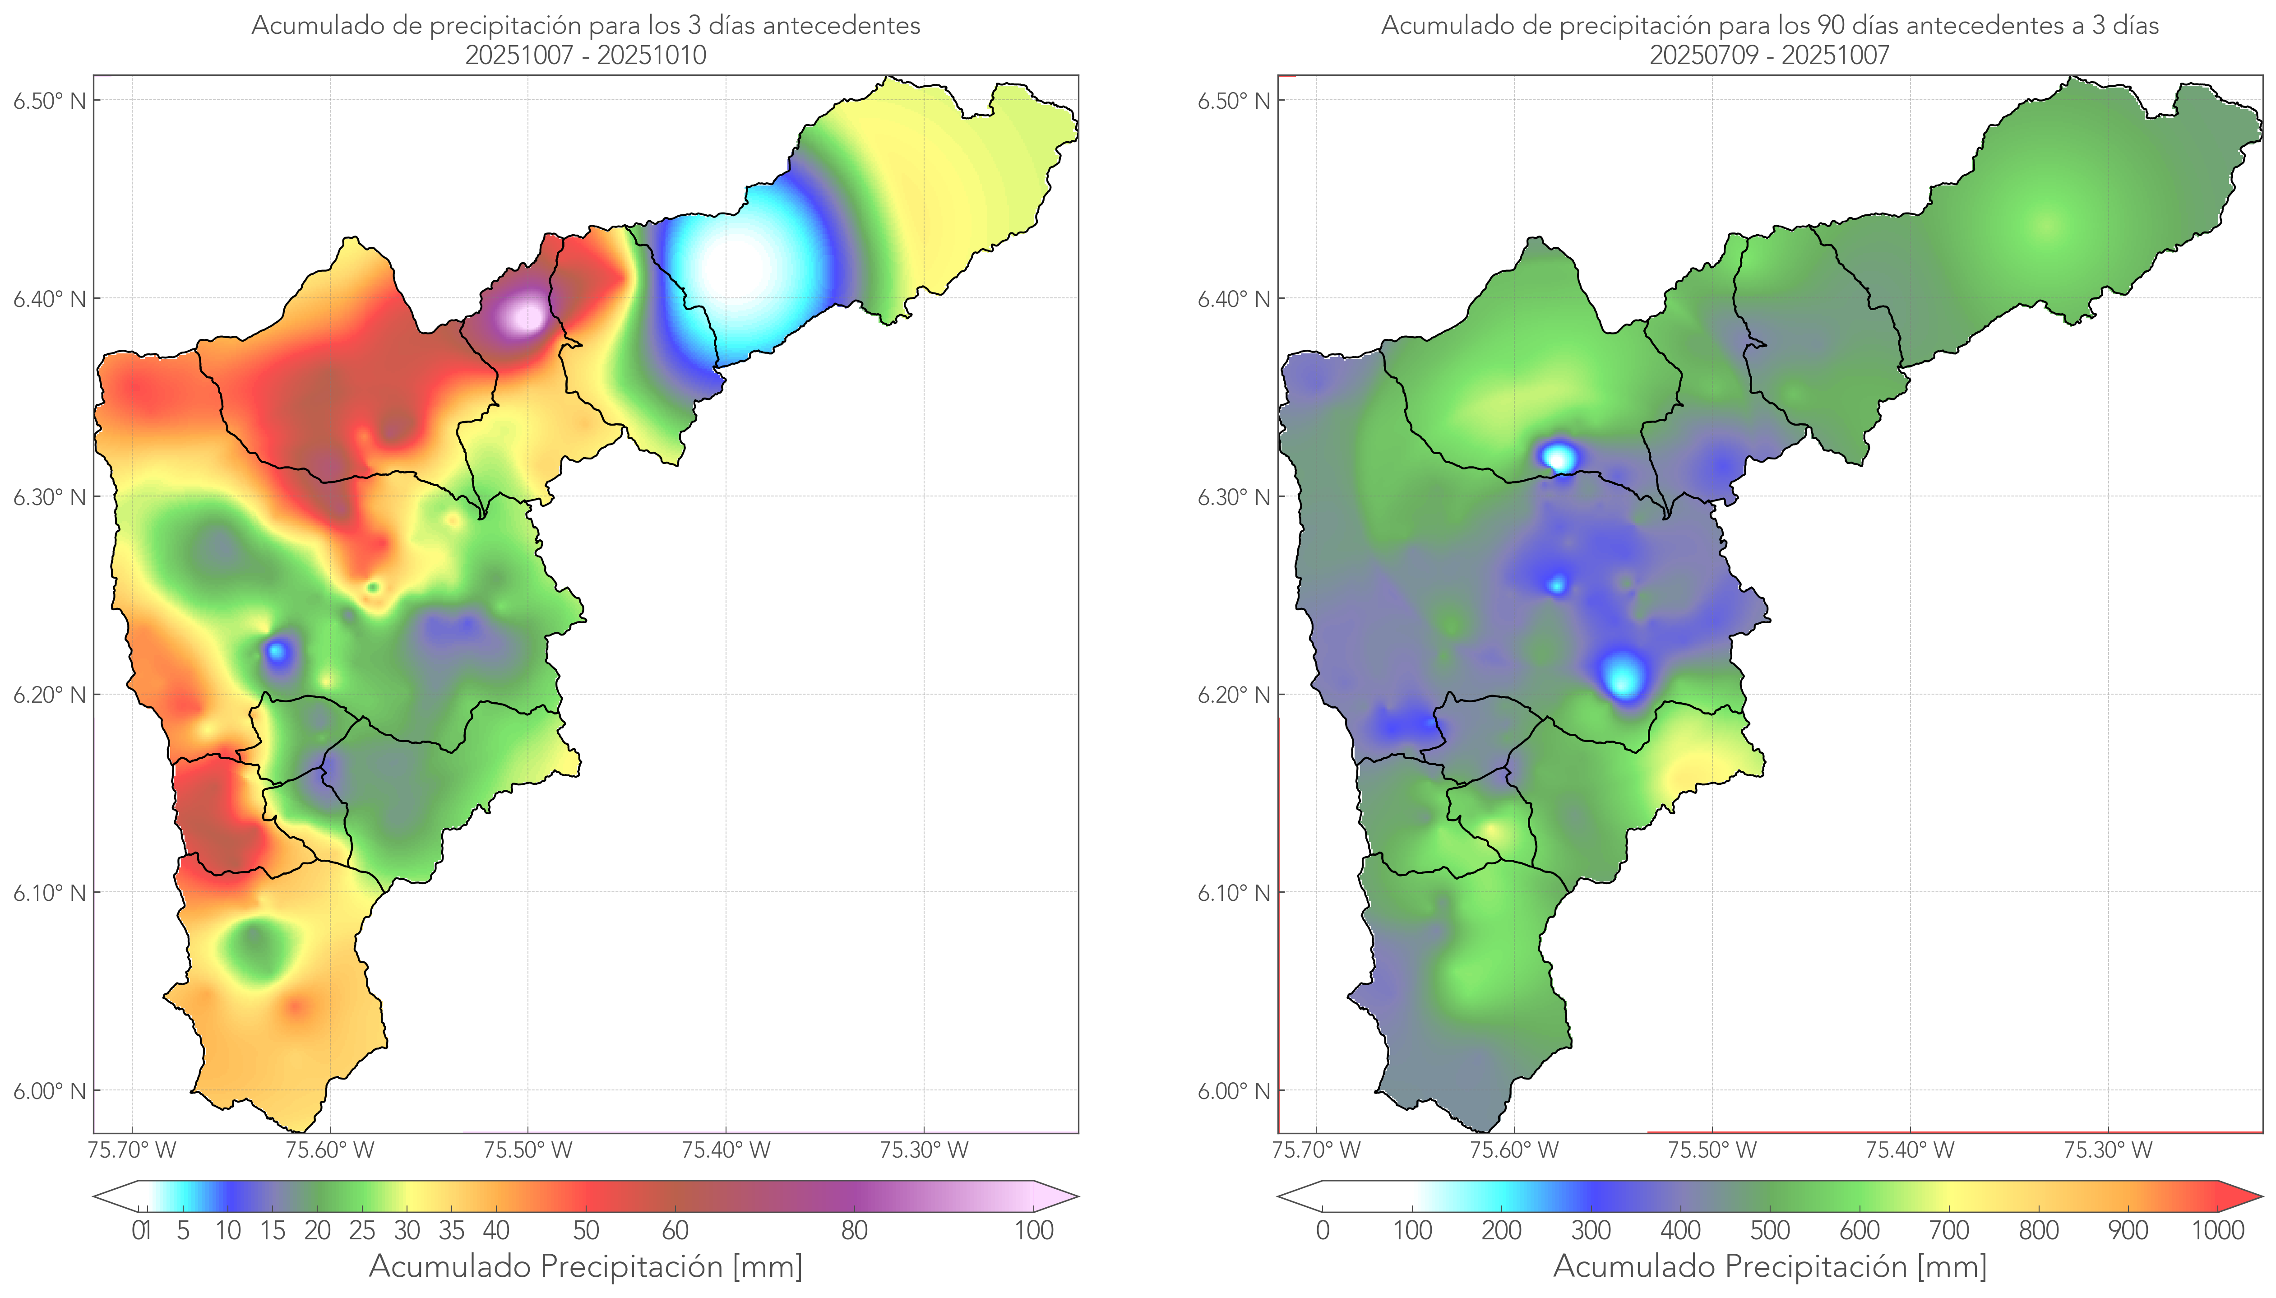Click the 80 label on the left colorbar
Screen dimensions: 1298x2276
(854, 1230)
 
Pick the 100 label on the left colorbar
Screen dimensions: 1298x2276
(1034, 1230)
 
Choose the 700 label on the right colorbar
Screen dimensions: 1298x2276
(1949, 1230)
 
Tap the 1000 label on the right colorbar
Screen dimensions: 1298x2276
(2217, 1230)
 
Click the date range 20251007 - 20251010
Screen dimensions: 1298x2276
(586, 55)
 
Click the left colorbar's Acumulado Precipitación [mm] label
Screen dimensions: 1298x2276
(586, 1266)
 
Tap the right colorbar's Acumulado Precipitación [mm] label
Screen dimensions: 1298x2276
(1770, 1266)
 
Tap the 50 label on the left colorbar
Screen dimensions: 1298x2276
(586, 1230)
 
